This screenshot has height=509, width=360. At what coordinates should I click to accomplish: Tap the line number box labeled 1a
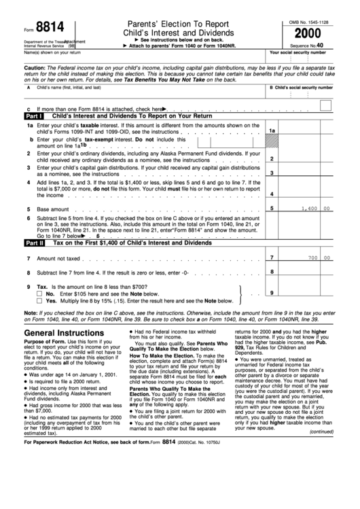[272, 130]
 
